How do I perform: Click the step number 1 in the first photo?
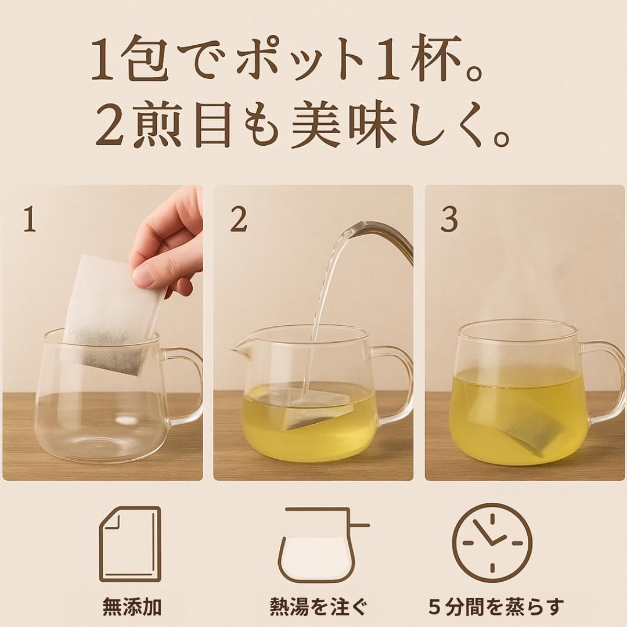[30, 219]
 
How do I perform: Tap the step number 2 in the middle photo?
[239, 219]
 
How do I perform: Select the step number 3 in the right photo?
[449, 219]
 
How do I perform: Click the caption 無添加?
[132, 606]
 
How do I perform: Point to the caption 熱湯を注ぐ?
[318, 606]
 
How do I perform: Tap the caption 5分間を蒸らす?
[496, 606]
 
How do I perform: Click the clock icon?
[492, 543]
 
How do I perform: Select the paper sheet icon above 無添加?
[131, 545]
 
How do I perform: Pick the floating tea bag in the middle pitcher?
[315, 408]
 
